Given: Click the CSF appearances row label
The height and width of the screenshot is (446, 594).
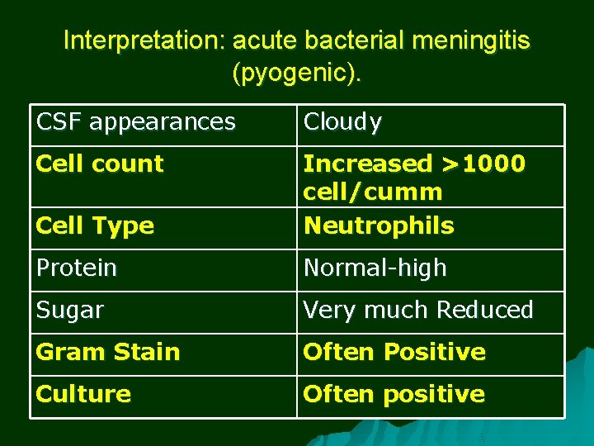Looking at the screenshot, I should coord(135,122).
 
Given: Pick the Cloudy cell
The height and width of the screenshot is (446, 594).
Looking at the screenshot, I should coord(342,122).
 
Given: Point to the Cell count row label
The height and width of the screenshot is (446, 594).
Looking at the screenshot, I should coord(100,164).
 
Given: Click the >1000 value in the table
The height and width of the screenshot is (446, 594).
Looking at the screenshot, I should coord(483,164).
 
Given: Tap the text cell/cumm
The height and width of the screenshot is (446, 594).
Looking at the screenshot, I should coord(372,192).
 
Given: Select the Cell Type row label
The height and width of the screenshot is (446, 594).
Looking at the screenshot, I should coord(95,225).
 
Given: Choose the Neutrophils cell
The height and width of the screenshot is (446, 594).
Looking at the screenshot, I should coord(379,225).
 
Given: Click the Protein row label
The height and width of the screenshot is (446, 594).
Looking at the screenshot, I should coord(77,268).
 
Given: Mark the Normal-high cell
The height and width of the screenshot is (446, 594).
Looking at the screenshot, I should coord(375,268).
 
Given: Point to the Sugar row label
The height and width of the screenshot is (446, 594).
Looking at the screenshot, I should coord(70,310).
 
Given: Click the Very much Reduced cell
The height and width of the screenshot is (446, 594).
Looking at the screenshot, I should coord(418,310).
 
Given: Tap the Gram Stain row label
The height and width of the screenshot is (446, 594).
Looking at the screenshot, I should coord(108,352).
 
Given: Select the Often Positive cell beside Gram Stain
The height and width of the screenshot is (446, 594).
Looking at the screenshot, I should coord(394,352).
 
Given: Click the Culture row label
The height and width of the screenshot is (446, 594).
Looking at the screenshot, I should coord(83,394).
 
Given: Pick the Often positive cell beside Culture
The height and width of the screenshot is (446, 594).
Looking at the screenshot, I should coord(394,394).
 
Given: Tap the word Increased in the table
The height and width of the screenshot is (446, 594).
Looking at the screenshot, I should coord(367,164).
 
